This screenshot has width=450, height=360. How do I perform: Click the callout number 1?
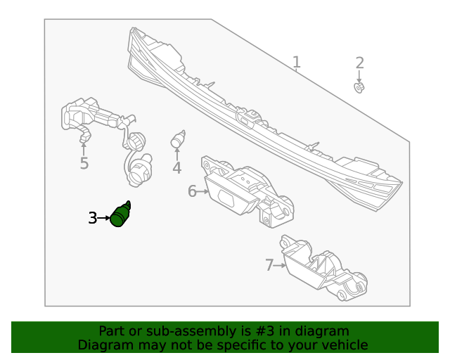[x=297, y=63]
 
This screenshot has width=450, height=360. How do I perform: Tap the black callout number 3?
[x=92, y=219]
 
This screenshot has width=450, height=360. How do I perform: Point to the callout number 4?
[x=177, y=168]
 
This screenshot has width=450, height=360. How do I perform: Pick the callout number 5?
[x=84, y=165]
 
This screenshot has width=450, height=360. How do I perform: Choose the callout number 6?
[x=192, y=191]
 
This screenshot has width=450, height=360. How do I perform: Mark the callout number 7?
[x=269, y=265]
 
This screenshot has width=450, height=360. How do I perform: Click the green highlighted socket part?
[x=120, y=214]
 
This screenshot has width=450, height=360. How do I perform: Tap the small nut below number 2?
[x=359, y=88]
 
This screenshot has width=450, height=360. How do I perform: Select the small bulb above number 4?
[x=178, y=139]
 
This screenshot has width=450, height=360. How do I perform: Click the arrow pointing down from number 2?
[x=359, y=76]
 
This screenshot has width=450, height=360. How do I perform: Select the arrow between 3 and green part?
[x=104, y=219]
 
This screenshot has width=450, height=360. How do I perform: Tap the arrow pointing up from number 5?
[x=84, y=148]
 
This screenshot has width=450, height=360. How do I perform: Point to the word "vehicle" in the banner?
[x=343, y=345]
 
